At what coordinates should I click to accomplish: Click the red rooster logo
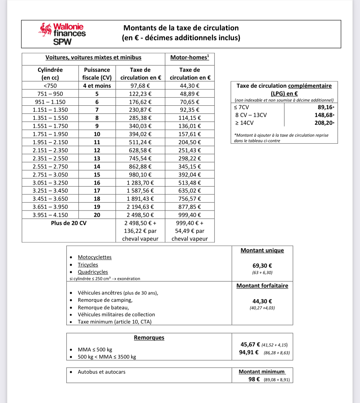click(x=45, y=30)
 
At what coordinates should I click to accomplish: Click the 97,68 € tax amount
click(x=140, y=86)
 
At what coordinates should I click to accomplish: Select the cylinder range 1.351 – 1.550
click(x=50, y=118)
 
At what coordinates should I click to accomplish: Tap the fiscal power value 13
click(x=97, y=158)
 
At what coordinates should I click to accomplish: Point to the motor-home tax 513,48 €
click(x=190, y=183)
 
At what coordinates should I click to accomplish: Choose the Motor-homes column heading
click(x=190, y=57)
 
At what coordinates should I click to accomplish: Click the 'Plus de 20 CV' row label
click(x=69, y=223)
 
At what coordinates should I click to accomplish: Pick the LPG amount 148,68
click(x=323, y=115)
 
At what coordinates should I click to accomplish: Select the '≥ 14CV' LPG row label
click(x=244, y=123)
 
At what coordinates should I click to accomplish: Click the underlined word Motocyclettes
click(x=94, y=257)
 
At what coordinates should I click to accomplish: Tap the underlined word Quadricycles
click(x=93, y=272)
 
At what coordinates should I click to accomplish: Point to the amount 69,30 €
click(x=262, y=266)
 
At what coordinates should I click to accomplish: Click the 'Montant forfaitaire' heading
click(x=262, y=286)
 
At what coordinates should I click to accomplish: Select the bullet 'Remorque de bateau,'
click(x=103, y=307)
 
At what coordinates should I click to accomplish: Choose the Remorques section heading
click(x=149, y=338)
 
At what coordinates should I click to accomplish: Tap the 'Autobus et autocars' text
click(x=101, y=372)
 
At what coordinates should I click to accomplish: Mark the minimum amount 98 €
click(x=254, y=379)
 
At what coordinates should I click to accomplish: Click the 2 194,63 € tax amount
click(x=140, y=207)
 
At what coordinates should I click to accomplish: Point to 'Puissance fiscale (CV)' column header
click(x=97, y=74)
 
